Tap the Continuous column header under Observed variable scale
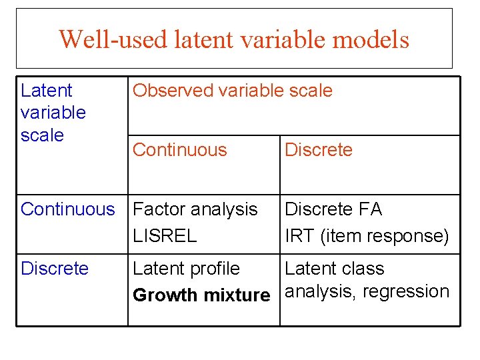(x=180, y=150)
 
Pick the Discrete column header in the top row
(x=319, y=150)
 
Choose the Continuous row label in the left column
(x=68, y=209)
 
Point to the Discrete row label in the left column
(x=55, y=269)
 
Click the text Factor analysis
(x=195, y=209)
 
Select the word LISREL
(x=165, y=236)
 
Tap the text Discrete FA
(x=333, y=209)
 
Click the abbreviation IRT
(x=296, y=236)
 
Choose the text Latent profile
(x=187, y=269)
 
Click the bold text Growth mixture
(x=201, y=295)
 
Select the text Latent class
(x=335, y=269)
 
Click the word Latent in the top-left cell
(x=47, y=91)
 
